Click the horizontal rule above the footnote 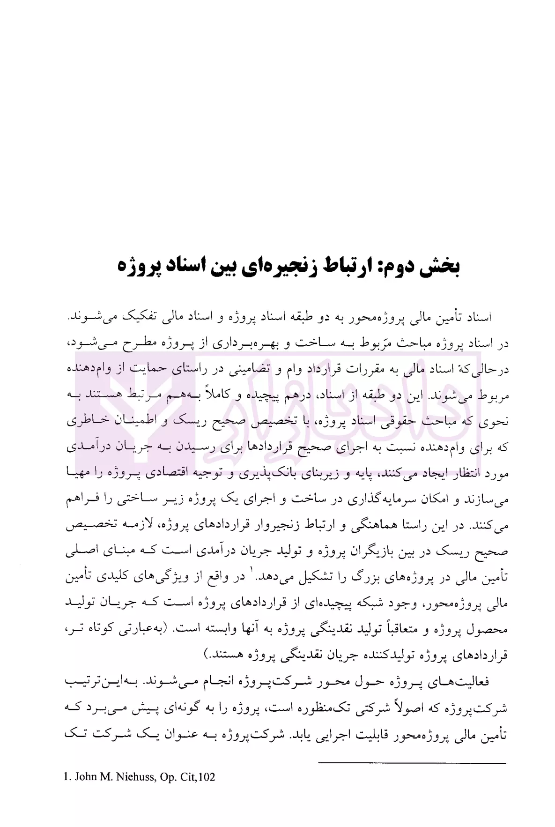coord(412,763)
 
